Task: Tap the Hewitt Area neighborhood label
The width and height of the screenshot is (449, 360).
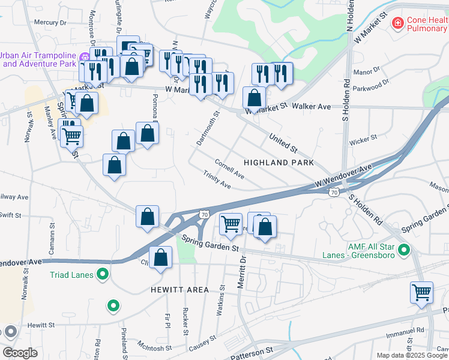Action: (181, 290)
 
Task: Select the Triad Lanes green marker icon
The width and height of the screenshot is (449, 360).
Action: (103, 275)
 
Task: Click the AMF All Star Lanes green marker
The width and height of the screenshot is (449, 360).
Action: (404, 250)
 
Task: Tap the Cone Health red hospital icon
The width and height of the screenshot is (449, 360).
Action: (397, 23)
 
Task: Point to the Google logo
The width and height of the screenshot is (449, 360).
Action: (20, 353)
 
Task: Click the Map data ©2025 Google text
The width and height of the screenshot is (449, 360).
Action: (411, 355)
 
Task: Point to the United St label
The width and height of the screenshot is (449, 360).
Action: (284, 142)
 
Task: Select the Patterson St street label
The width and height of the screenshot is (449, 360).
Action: (252, 349)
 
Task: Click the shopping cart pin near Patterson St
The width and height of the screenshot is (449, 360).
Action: (422, 293)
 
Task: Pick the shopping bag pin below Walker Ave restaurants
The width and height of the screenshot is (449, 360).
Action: (255, 98)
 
